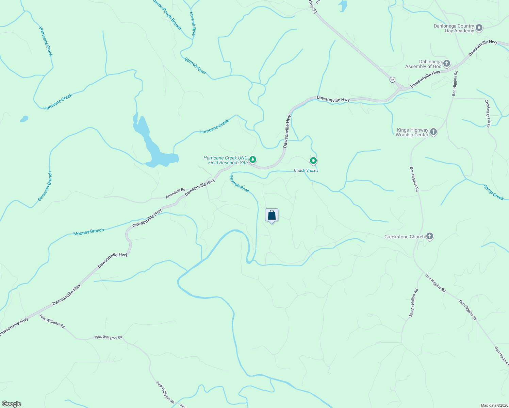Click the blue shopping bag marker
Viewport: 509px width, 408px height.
tap(272, 215)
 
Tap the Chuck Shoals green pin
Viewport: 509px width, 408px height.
tap(313, 160)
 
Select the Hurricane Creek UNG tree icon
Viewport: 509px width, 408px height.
tap(252, 159)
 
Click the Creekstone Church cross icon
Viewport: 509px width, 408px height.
tap(429, 236)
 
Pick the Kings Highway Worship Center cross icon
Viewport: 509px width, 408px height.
tap(433, 132)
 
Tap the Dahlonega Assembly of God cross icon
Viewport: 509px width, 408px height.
tap(446, 63)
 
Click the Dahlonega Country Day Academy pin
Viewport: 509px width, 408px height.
tap(479, 28)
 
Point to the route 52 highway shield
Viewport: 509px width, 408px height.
tap(392, 80)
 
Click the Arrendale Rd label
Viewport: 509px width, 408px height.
tap(176, 193)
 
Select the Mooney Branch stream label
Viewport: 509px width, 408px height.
tap(88, 232)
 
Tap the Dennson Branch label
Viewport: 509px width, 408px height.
tap(45, 186)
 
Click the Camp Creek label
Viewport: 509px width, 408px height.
tap(493, 192)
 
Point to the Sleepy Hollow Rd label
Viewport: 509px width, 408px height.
tap(413, 303)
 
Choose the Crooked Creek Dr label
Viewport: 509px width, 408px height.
tap(488, 113)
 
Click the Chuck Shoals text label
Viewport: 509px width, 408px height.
tap(306, 170)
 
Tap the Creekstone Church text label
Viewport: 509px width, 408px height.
tap(404, 237)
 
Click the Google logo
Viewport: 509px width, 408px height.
tap(11, 404)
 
